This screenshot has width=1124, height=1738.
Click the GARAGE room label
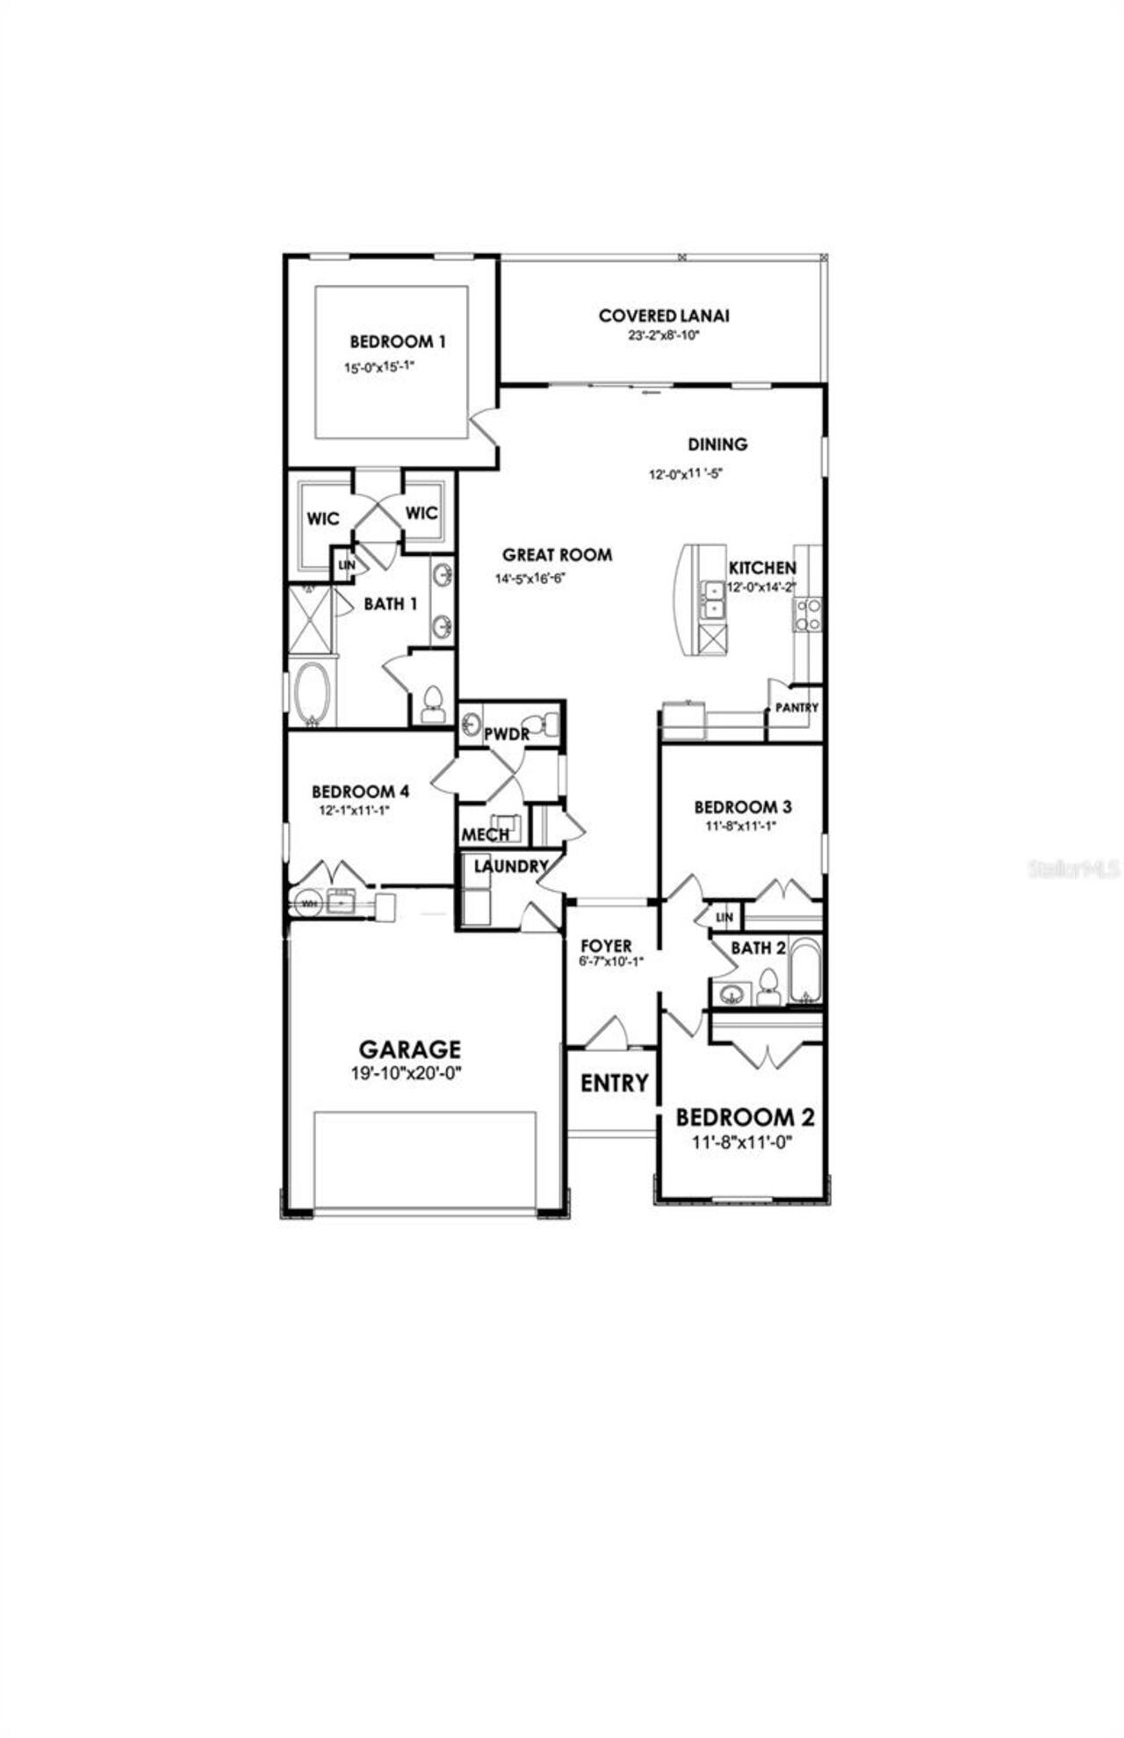coord(409,1049)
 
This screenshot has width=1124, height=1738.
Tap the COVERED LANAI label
coord(664,315)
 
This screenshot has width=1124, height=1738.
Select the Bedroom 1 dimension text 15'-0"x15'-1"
coord(378,368)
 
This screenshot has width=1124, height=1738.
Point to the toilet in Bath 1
coord(432,703)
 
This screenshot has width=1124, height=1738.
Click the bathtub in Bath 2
coord(804,970)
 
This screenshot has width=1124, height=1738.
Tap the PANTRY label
coord(796,708)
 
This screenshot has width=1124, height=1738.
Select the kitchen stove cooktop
coord(808,614)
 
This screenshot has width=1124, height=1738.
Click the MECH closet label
coord(485,834)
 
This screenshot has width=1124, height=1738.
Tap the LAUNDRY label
coord(511,867)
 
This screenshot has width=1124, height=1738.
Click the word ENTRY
coord(615,1083)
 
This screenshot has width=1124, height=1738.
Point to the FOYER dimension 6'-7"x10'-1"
coord(611,962)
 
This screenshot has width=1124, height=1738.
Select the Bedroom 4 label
coord(360,791)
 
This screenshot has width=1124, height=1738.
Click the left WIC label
coord(322,519)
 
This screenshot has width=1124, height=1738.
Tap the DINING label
coord(717,444)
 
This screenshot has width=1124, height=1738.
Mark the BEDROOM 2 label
coord(745,1117)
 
